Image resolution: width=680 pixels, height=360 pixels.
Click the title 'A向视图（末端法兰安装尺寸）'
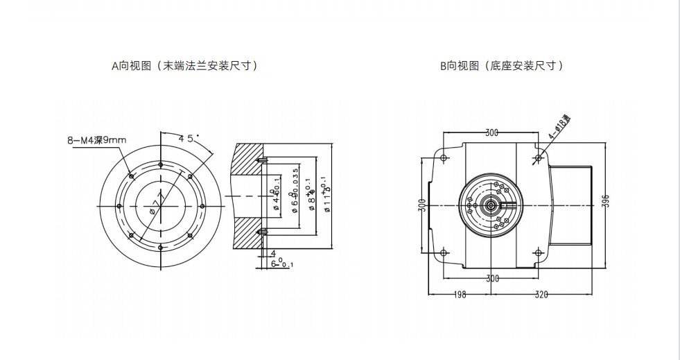coord(185,67)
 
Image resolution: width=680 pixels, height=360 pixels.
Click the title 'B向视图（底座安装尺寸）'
coord(501,67)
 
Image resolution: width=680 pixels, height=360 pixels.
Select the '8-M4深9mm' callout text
coord(97,141)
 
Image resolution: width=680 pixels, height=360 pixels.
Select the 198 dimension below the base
coord(460,294)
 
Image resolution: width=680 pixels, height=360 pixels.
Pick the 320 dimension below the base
coord(542,294)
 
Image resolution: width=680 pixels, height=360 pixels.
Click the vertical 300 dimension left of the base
coord(421,205)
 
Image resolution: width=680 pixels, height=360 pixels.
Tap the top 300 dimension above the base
coord(492,132)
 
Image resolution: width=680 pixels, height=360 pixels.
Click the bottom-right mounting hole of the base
coord(539,252)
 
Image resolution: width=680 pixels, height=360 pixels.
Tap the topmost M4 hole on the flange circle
coord(161,164)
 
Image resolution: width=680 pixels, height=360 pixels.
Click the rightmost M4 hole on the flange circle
coord(202,206)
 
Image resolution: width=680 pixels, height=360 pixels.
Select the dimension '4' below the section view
coord(274,253)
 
